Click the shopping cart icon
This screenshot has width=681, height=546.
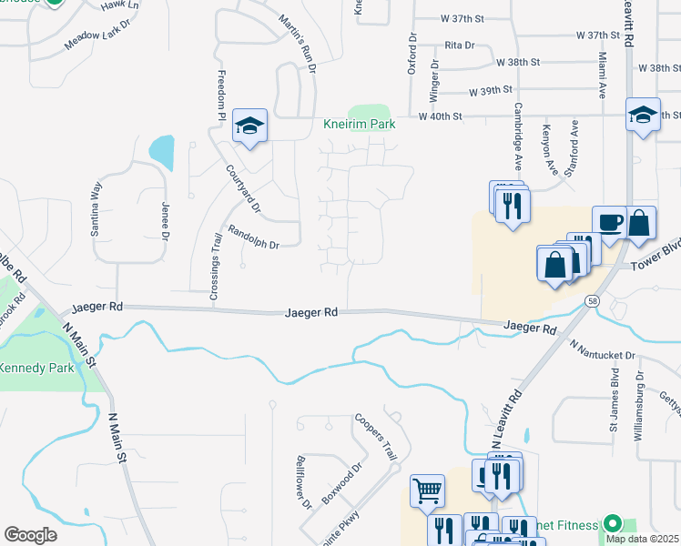tap(426, 491)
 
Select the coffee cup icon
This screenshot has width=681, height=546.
tap(609, 221)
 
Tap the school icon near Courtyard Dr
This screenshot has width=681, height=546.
tap(249, 126)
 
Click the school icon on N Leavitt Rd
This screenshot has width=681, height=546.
tap(643, 115)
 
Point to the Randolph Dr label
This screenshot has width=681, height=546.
tap(253, 238)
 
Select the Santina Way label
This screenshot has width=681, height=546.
tap(96, 209)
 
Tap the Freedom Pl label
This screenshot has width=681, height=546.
tap(220, 96)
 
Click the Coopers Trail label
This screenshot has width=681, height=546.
tap(375, 438)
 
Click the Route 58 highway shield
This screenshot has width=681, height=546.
tap(593, 301)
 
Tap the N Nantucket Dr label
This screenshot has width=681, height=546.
tap(603, 350)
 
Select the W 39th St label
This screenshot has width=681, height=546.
tap(492, 92)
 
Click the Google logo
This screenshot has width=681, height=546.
tap(30, 534)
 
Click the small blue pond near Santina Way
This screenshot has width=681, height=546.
tap(162, 152)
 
